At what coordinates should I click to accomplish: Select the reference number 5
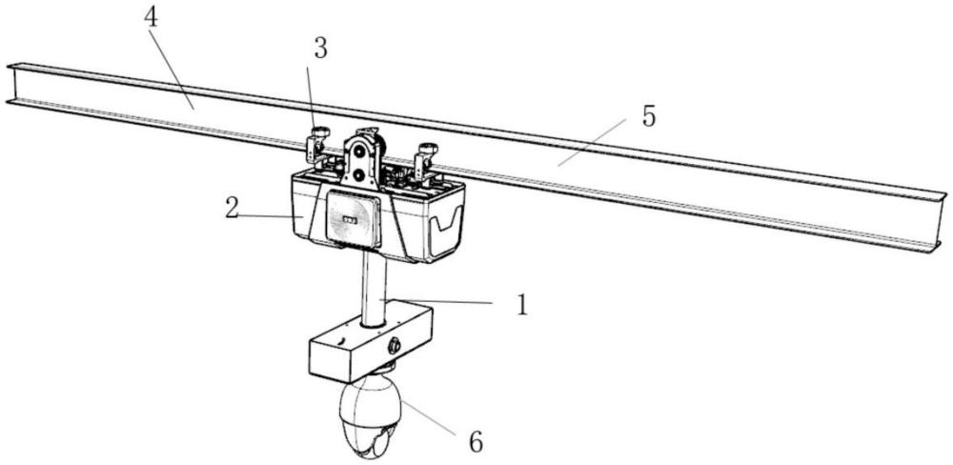point(647,117)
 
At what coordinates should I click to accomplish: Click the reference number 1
point(521,304)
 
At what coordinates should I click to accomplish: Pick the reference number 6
point(474,441)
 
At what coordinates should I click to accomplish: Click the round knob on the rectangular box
point(393,346)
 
